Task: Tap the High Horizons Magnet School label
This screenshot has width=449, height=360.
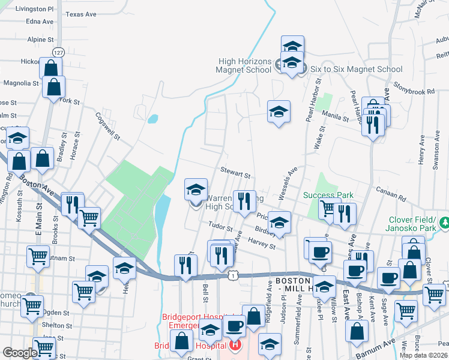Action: (245, 70)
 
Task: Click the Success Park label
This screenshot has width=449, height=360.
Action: (328, 195)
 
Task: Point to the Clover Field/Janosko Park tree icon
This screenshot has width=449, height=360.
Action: (444, 223)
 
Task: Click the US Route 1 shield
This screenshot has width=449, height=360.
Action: (233, 275)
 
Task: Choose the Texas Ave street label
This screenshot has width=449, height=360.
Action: (81, 14)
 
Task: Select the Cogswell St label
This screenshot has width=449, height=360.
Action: (107, 125)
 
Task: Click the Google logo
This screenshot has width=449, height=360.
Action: (20, 353)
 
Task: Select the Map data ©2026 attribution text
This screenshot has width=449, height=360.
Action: (424, 355)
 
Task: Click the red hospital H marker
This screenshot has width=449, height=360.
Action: (235, 346)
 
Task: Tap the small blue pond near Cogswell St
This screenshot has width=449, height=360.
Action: (152, 118)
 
